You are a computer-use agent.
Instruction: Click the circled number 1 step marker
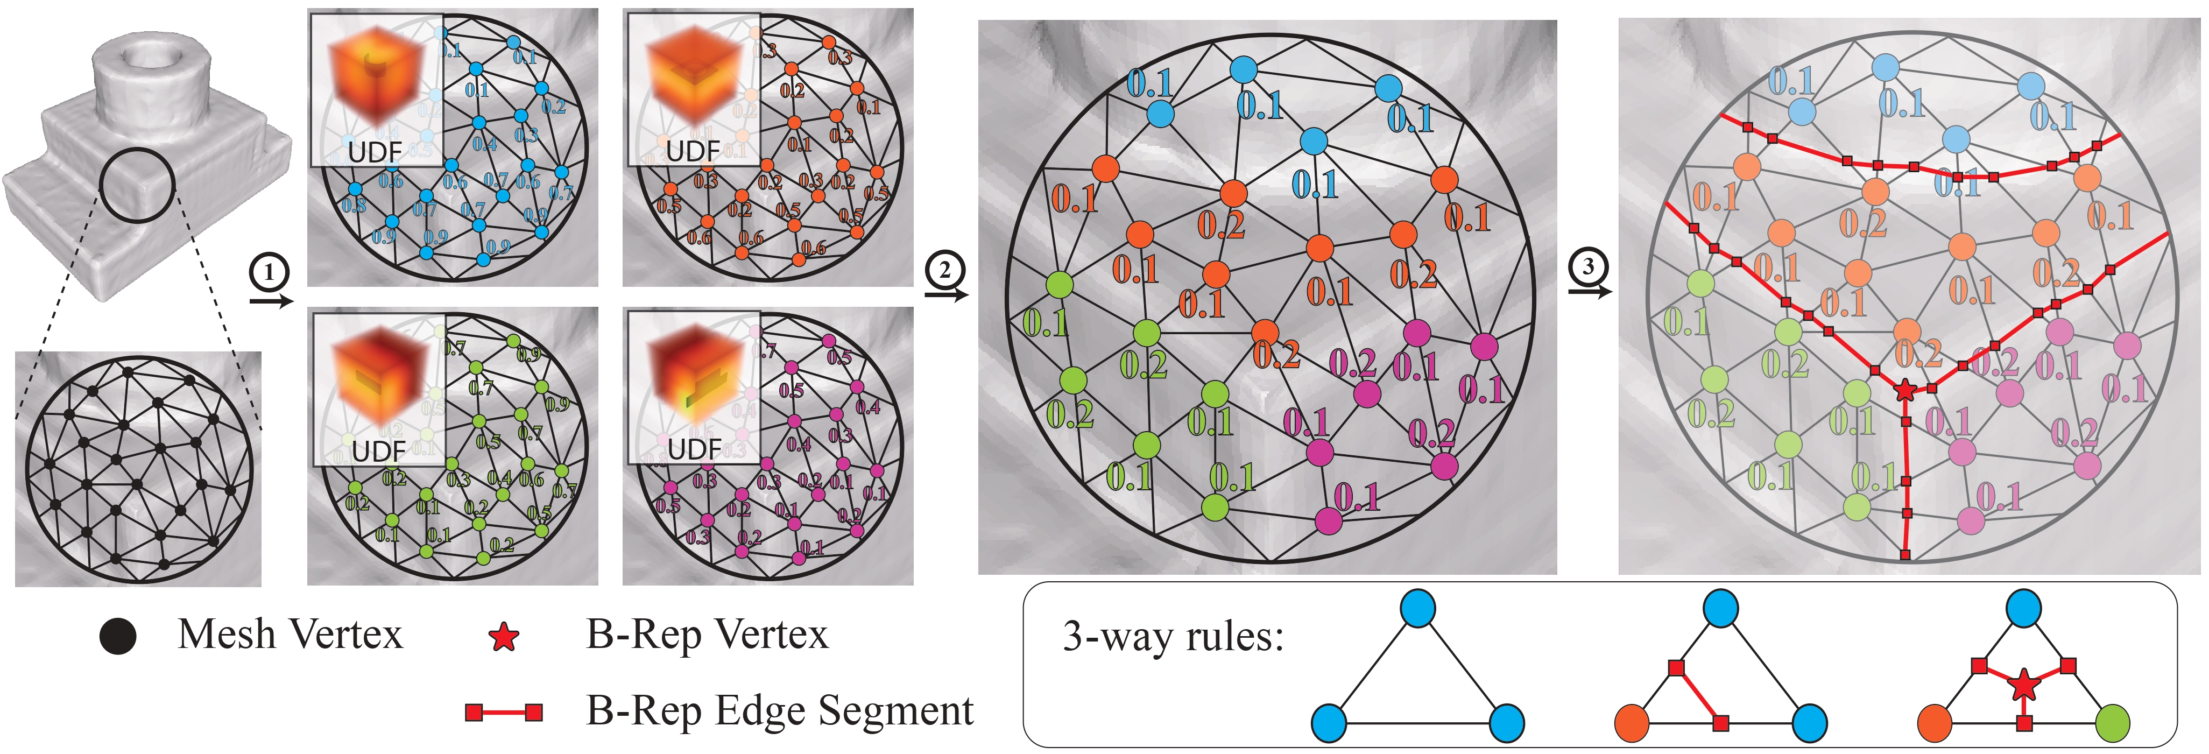point(269,273)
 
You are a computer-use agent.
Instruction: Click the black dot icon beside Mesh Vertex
point(117,637)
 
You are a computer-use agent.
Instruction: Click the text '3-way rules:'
point(1172,637)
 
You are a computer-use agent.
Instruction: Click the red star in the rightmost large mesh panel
point(1904,390)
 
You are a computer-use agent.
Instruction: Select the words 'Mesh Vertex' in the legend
point(290,635)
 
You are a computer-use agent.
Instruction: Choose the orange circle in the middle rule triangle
point(1632,723)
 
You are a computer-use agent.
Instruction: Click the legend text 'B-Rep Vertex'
point(708,635)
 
